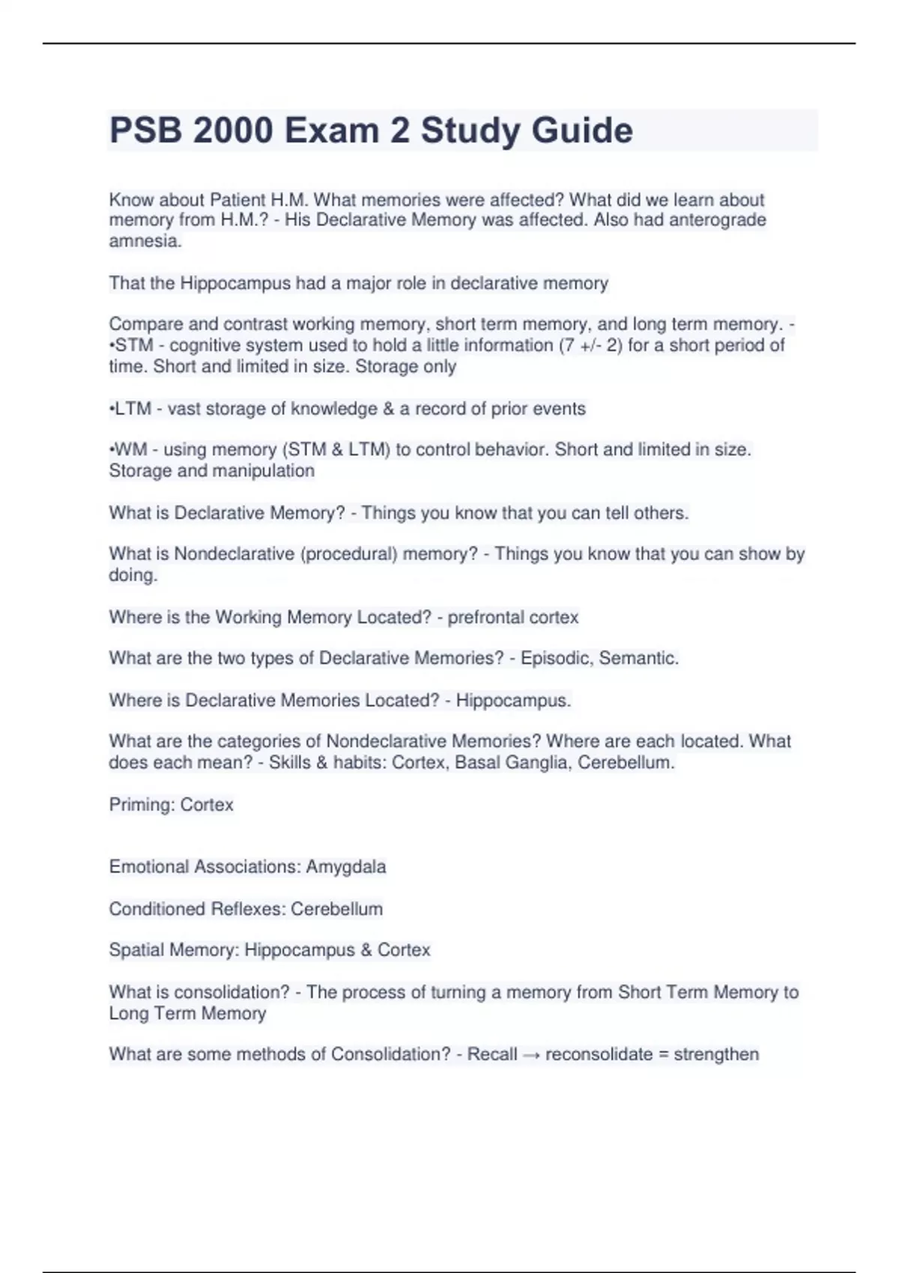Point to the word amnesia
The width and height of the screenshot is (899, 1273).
coord(145,241)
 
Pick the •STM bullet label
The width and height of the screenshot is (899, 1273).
coord(132,345)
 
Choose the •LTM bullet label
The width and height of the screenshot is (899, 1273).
coord(130,409)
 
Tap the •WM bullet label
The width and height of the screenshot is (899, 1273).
coord(128,450)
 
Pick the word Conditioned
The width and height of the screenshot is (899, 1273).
coord(157,909)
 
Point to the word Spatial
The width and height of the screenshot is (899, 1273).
coord(136,950)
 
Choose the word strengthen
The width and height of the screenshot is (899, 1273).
coord(716,1054)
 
